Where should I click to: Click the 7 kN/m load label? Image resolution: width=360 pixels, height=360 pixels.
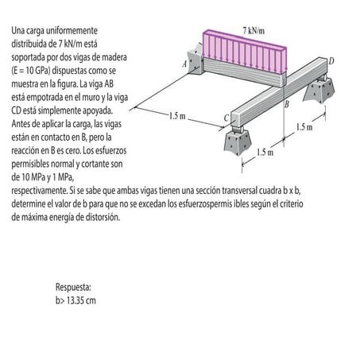tap(254, 30)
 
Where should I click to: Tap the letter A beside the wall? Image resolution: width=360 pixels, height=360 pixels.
tap(185, 63)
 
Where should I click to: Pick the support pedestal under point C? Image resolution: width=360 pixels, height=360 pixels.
tap(238, 142)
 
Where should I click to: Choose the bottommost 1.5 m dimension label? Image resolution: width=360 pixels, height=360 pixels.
tap(265, 149)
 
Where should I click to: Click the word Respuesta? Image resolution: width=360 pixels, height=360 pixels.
tap(74, 285)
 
